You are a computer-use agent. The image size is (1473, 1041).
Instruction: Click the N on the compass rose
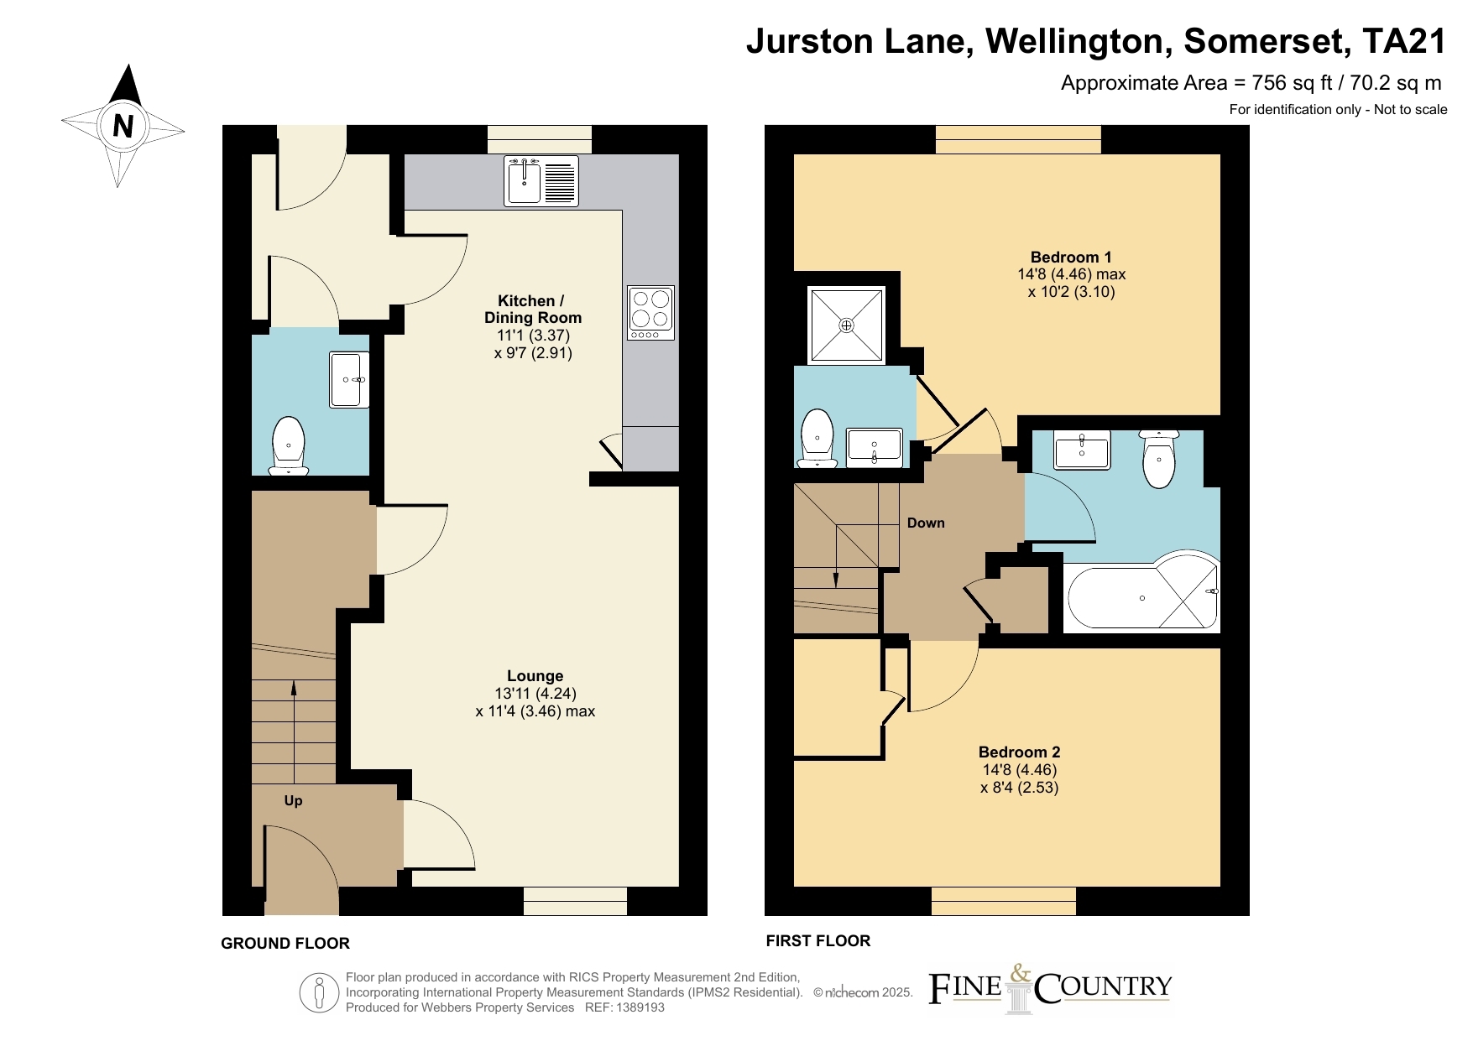coord(123,126)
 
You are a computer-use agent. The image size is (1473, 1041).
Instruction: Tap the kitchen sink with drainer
coord(541,180)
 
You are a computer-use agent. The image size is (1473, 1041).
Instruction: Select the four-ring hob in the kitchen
coord(650,313)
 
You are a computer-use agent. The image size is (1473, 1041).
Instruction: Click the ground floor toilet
coord(289,445)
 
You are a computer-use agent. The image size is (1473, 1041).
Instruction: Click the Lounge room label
coord(535,676)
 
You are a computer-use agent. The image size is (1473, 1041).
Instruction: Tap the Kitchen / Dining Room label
coord(533,309)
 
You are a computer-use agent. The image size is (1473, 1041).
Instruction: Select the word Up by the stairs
coord(293,801)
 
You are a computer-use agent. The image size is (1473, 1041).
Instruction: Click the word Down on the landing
coord(926,523)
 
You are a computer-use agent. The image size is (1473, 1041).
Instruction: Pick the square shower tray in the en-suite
coord(846,325)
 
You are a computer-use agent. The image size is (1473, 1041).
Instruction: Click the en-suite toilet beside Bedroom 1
coord(817,437)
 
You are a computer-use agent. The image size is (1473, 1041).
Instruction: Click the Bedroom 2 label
coord(1020,752)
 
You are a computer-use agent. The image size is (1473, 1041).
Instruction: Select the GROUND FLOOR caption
coord(285,944)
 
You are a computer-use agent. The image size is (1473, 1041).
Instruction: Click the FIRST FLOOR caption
coord(818,941)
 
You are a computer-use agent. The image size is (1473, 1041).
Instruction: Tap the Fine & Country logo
coord(1050,989)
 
